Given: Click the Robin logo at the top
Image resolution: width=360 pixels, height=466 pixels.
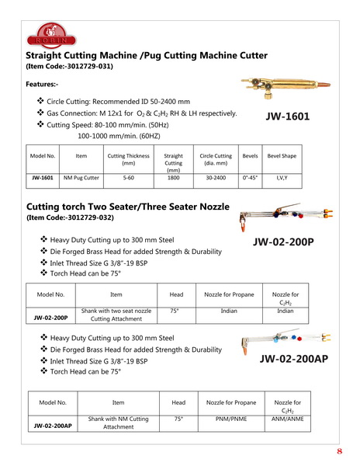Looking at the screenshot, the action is click(x=51, y=36).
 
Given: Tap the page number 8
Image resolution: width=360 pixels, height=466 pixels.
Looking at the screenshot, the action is click(x=340, y=451).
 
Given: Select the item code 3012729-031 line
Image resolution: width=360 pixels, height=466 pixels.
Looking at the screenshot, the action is click(x=70, y=66).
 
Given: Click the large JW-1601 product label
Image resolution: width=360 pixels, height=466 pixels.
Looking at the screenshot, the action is click(x=287, y=116).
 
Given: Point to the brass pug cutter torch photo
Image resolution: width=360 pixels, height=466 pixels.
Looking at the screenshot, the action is click(x=286, y=86).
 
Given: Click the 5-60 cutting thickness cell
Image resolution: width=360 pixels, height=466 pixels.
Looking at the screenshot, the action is click(x=129, y=178).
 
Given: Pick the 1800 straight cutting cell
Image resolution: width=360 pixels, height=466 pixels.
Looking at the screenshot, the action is click(x=173, y=178).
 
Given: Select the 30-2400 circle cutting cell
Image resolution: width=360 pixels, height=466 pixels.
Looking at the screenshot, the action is click(x=216, y=178).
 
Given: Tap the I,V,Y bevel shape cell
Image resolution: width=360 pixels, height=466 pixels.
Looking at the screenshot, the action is click(x=282, y=178).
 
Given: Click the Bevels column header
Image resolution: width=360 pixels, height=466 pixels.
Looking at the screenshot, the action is click(x=250, y=156).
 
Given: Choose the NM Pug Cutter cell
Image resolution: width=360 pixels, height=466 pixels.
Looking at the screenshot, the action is click(x=81, y=178).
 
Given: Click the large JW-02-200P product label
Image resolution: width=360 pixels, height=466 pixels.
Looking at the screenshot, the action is click(x=283, y=242).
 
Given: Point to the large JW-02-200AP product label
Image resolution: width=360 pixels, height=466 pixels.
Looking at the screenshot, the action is click(x=294, y=359).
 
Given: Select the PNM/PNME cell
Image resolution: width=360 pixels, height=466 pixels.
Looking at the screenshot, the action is click(x=231, y=419).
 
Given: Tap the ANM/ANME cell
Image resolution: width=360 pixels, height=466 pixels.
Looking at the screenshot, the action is click(x=287, y=419).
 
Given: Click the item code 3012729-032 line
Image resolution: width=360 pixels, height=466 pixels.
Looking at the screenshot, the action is click(x=70, y=217).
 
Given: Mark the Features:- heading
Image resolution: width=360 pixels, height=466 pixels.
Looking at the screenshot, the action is click(x=42, y=84).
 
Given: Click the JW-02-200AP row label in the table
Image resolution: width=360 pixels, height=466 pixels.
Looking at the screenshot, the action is click(x=53, y=426).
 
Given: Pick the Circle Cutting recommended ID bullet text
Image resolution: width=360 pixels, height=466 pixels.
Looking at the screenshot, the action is click(x=118, y=102).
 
